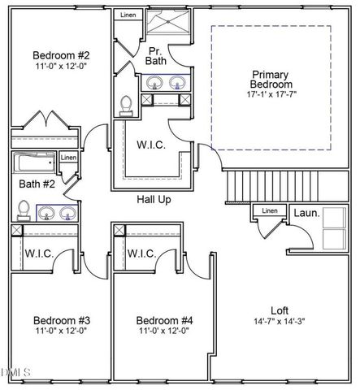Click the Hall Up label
153,199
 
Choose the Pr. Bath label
157,56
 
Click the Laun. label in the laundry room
306,213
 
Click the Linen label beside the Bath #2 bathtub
69,158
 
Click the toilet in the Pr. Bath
126,105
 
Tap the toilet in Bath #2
24,210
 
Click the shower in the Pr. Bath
167,22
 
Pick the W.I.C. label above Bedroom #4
142,253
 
